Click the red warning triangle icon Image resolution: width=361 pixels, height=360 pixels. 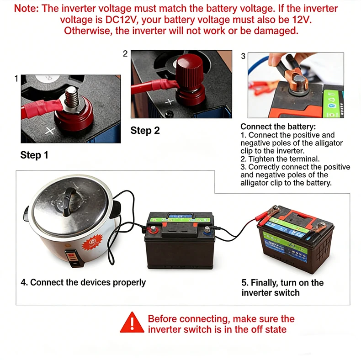point(132,323)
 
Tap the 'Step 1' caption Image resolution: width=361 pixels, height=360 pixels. point(34,155)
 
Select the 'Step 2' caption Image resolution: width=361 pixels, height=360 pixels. point(145,130)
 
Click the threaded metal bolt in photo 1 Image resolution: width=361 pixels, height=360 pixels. point(72,97)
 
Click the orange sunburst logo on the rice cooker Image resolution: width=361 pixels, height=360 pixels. point(92,244)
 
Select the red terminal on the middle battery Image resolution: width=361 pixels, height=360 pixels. point(153,229)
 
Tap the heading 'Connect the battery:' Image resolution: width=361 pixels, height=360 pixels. point(278,127)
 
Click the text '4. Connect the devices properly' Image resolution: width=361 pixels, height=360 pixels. point(83,282)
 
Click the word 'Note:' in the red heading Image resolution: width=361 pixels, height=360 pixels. point(26,9)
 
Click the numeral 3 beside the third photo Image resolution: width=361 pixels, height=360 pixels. point(243,56)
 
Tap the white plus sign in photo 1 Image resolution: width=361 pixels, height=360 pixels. point(50,131)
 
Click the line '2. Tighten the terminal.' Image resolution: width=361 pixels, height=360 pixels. point(280,159)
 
